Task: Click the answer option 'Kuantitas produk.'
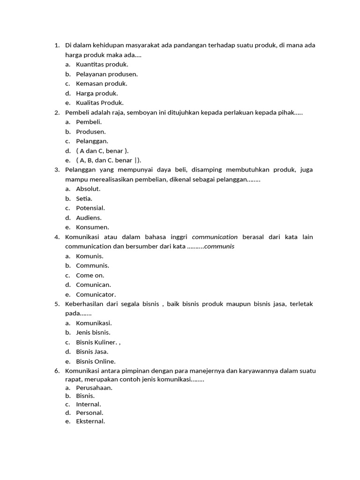click(102, 64)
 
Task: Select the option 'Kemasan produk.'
click(101, 83)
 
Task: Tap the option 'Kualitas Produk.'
click(100, 103)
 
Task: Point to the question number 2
click(57, 112)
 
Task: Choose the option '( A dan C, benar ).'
click(102, 150)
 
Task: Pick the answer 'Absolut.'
click(88, 189)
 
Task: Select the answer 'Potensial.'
click(90, 208)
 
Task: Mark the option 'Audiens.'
click(89, 217)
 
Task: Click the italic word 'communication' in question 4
click(215, 237)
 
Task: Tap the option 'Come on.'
click(90, 275)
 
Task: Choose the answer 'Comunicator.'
click(96, 294)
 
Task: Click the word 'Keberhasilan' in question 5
click(84, 304)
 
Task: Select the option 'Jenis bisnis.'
click(93, 332)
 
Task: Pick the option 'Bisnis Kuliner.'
click(97, 342)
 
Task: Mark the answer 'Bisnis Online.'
click(96, 361)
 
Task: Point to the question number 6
click(57, 371)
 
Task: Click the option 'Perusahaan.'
click(94, 388)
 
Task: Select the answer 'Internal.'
click(89, 404)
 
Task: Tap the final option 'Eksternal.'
click(90, 421)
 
